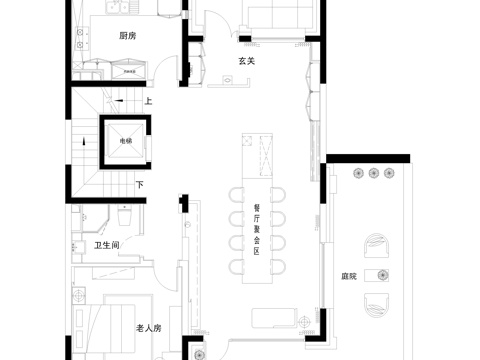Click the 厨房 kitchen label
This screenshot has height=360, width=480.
pyautogui.click(x=127, y=36)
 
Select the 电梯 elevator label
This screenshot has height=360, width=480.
pyautogui.click(x=125, y=141)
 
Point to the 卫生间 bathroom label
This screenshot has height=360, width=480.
pyautogui.click(x=107, y=245)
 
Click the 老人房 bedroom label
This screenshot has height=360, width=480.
pyautogui.click(x=149, y=328)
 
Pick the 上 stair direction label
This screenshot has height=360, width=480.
pyautogui.click(x=147, y=101)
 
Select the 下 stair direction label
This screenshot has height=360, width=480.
pyautogui.click(x=140, y=185)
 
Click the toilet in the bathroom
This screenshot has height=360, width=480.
pyautogui.click(x=126, y=217)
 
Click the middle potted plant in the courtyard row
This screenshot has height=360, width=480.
pyautogui.click(x=373, y=174)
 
